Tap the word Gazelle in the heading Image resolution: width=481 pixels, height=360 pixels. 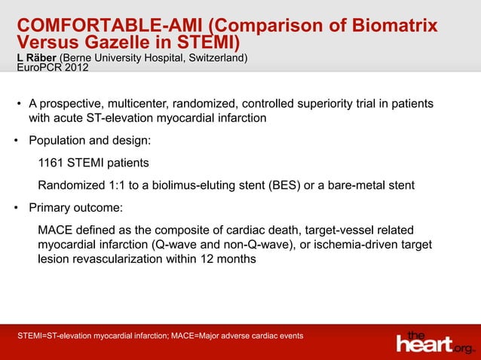(x=124, y=42)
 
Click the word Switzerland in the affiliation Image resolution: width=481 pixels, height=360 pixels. (x=211, y=58)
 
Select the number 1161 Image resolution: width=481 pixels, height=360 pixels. (x=51, y=163)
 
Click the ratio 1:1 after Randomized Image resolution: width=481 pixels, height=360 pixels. (x=112, y=185)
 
